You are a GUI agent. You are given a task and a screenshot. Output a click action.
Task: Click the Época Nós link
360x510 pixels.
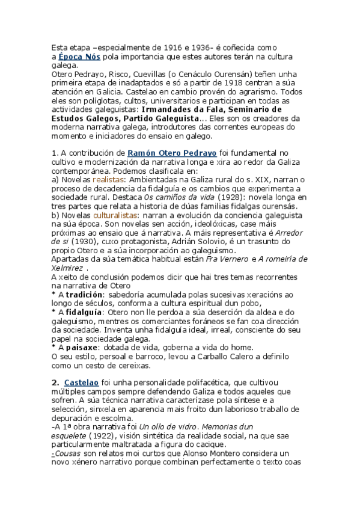(x=79, y=56)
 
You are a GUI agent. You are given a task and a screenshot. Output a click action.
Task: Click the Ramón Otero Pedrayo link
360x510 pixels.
(x=164, y=153)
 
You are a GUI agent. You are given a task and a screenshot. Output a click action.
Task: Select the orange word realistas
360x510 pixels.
(x=108, y=180)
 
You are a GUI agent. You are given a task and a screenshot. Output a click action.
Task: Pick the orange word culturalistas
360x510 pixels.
(x=115, y=215)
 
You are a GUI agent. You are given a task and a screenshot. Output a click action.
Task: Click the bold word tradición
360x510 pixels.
(x=85, y=295)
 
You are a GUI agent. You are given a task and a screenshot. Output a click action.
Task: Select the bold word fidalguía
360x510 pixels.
(x=84, y=312)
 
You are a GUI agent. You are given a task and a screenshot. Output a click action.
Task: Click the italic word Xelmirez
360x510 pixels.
(x=67, y=268)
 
